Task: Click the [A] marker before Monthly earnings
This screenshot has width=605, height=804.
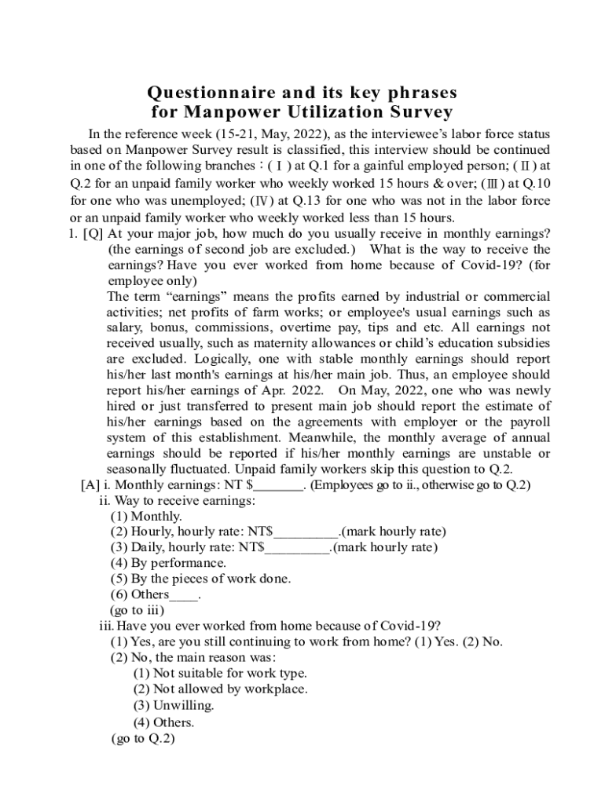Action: (90, 484)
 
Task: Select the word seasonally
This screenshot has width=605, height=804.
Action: (141, 469)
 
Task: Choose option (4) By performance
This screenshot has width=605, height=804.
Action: (168, 563)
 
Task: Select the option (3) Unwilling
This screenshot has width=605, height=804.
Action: (174, 704)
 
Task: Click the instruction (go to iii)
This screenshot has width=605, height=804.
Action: (136, 610)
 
